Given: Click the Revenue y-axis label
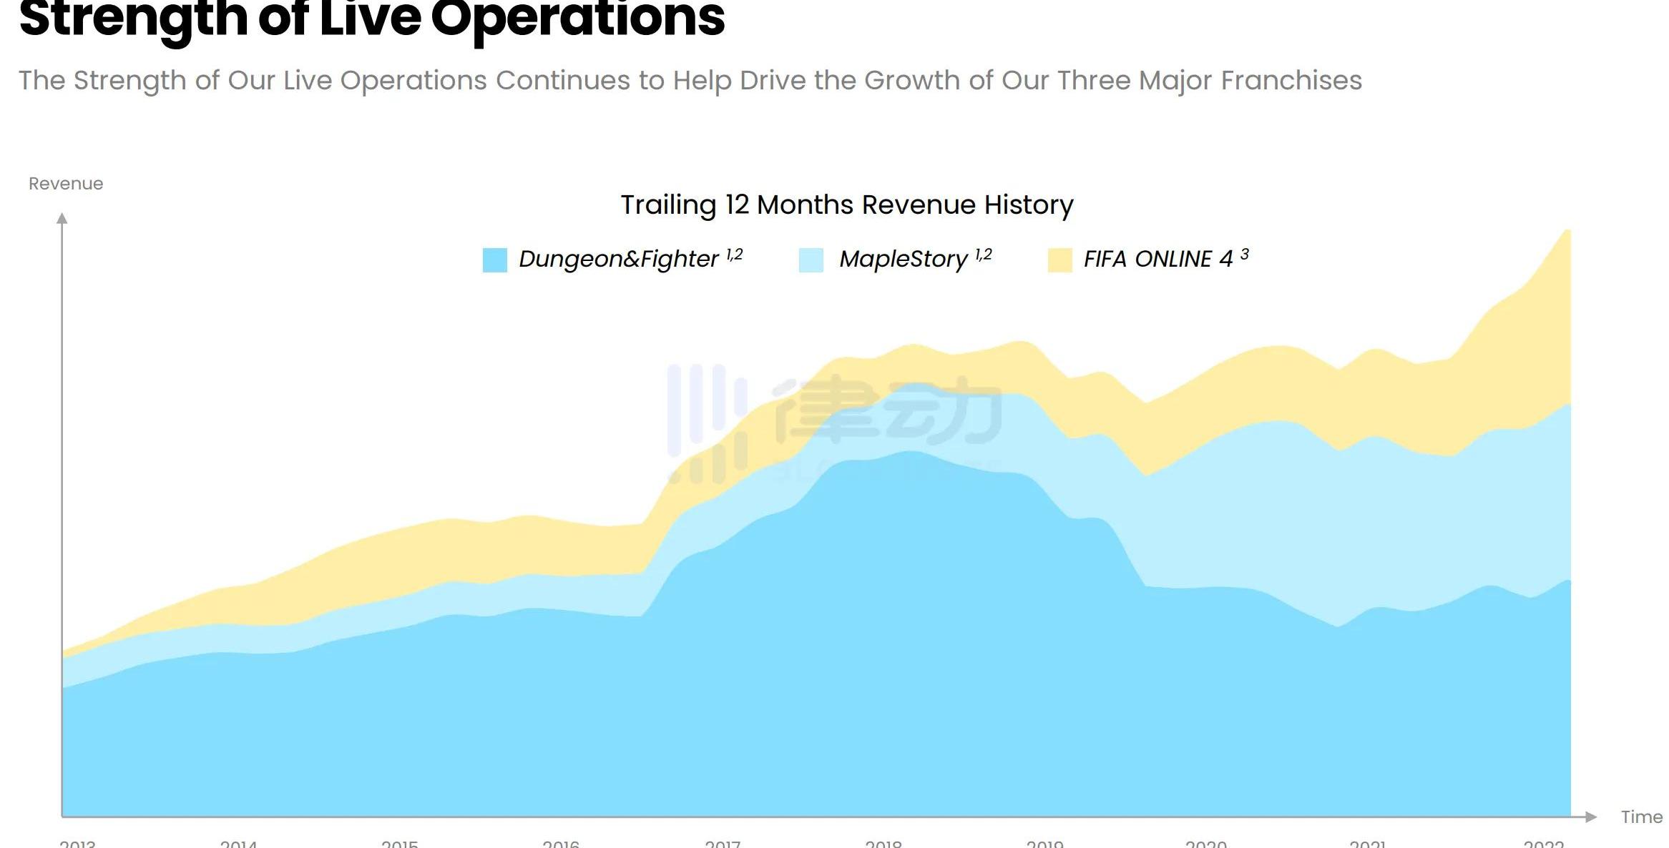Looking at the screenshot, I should click(66, 184).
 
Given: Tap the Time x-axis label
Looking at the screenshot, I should click(1641, 817).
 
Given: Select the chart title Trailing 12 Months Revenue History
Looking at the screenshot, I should click(846, 205).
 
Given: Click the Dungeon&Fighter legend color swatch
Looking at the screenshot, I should click(494, 260).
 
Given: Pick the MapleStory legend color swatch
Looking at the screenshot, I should click(811, 260).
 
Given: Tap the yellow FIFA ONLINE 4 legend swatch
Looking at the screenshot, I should click(1059, 260).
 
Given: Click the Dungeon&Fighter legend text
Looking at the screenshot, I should click(618, 259).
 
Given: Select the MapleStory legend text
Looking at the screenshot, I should click(903, 259).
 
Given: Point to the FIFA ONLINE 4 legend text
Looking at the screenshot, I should click(1157, 259).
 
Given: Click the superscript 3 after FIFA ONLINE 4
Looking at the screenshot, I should click(1245, 254).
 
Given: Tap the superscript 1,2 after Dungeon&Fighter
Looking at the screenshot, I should click(735, 255).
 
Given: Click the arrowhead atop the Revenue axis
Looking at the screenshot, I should click(62, 218).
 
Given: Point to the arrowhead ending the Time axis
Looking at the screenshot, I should click(1590, 817).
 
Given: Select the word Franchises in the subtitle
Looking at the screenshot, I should click(1291, 81).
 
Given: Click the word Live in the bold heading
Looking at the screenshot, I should click(370, 19).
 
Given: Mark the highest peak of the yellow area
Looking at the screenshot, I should click(1567, 231).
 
